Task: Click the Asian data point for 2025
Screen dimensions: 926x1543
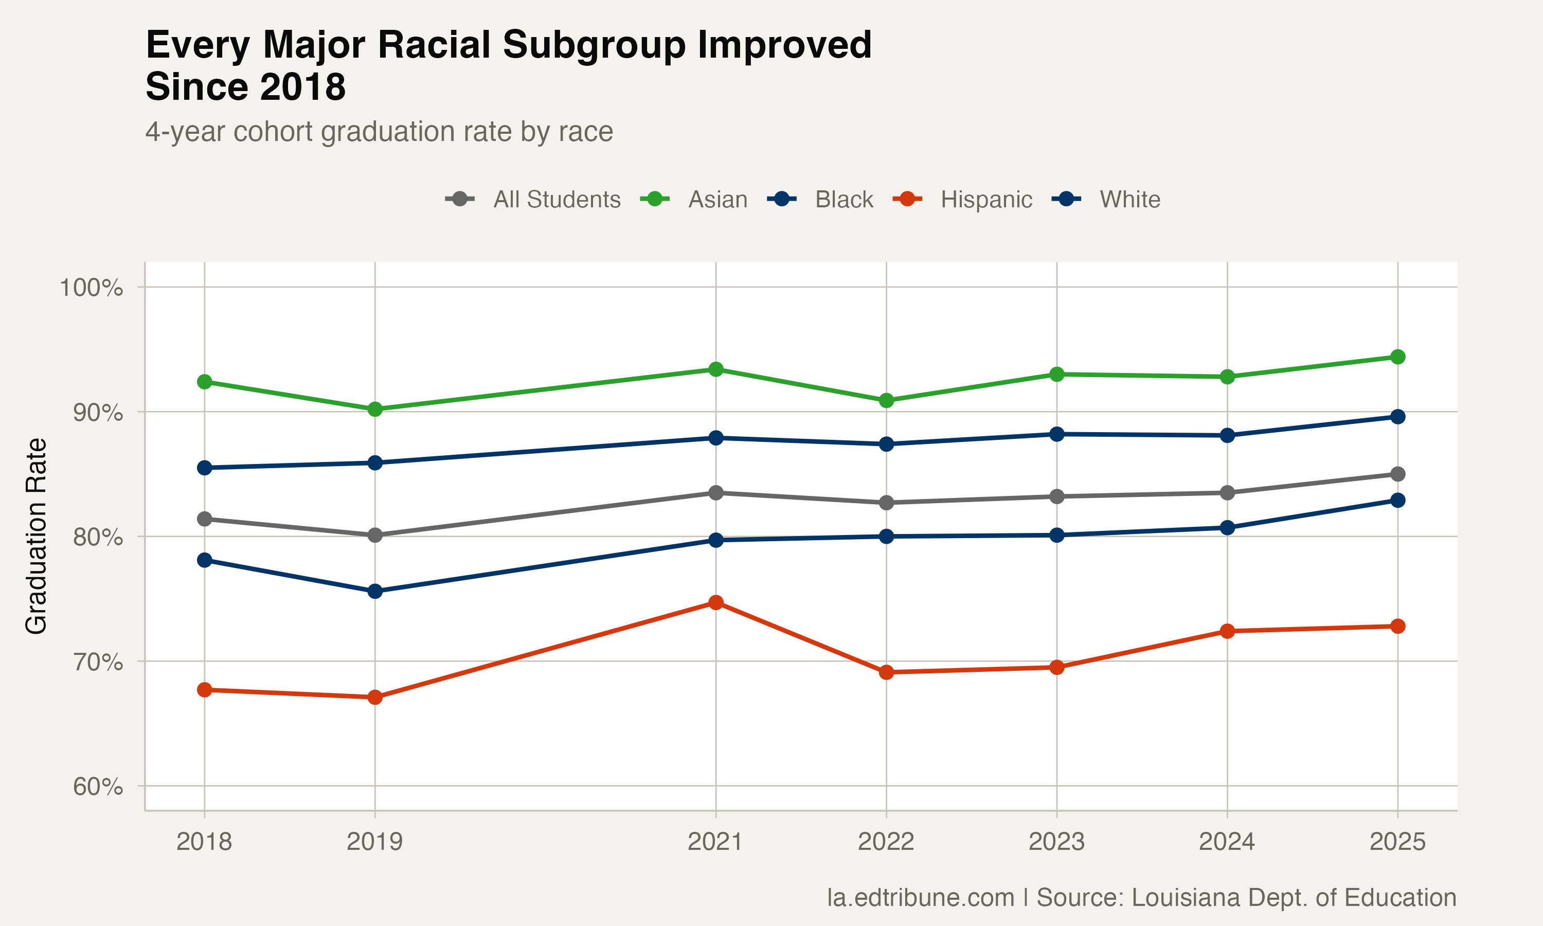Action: [1397, 357]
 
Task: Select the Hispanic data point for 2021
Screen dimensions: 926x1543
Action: [716, 603]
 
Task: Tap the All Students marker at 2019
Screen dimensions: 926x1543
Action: [375, 536]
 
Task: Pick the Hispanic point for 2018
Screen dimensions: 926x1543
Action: [205, 690]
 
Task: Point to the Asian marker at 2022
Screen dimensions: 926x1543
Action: [886, 401]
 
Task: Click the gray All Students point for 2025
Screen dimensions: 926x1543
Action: [1397, 474]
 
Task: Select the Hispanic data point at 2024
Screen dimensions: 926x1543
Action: [1227, 631]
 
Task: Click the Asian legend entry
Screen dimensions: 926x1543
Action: [717, 200]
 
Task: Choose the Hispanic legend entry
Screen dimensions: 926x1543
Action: [985, 200]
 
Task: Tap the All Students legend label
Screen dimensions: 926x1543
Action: [557, 200]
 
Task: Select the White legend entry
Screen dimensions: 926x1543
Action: [1129, 200]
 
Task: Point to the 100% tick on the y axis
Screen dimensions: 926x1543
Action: [91, 288]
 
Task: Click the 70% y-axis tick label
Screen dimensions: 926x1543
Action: [98, 662]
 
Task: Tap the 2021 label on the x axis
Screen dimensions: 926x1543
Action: [715, 842]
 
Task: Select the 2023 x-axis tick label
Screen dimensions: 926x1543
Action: [1056, 842]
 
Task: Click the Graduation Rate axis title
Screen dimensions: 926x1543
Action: [36, 537]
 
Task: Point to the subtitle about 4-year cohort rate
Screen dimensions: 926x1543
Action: [379, 132]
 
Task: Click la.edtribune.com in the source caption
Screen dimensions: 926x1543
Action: [921, 898]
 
